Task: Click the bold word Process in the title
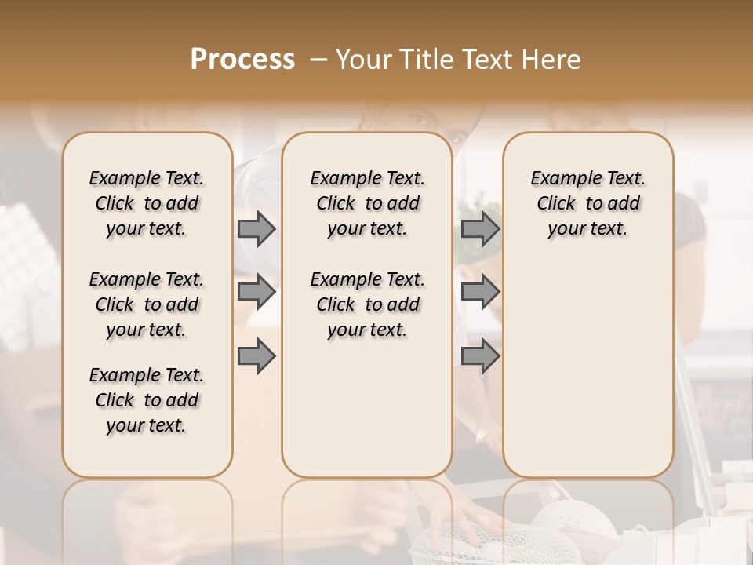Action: click(242, 59)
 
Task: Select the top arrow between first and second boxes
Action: click(256, 228)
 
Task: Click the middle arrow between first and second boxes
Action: click(256, 292)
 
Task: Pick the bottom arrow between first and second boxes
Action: click(256, 356)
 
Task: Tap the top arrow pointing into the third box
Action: click(480, 228)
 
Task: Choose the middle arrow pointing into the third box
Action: click(480, 292)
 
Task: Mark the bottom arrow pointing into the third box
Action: click(480, 356)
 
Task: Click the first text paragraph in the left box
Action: click(147, 203)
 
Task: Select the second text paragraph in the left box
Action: click(147, 304)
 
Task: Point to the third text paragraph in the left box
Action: click(147, 400)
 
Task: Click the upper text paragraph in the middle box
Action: click(367, 203)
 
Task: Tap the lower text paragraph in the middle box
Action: click(367, 304)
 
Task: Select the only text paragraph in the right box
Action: click(587, 203)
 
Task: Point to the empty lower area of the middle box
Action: click(367, 408)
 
